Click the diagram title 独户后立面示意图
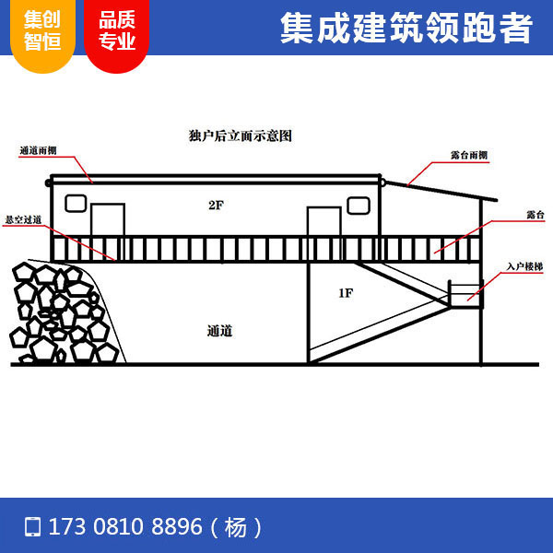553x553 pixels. pyautogui.click(x=240, y=135)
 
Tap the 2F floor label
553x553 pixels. pyautogui.click(x=216, y=205)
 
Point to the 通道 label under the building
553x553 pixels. pyautogui.click(x=219, y=330)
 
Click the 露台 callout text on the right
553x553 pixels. pyautogui.click(x=535, y=214)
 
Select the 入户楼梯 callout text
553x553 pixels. pyautogui.click(x=524, y=265)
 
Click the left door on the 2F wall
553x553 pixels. pyautogui.click(x=107, y=219)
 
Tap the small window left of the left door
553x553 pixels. pyautogui.click(x=76, y=202)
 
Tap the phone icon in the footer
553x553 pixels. pyautogui.click(x=33, y=527)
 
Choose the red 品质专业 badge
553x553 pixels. pyautogui.click(x=117, y=32)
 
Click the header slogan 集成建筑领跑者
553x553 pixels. pyautogui.click(x=406, y=29)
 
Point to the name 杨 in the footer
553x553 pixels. pyautogui.click(x=236, y=527)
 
